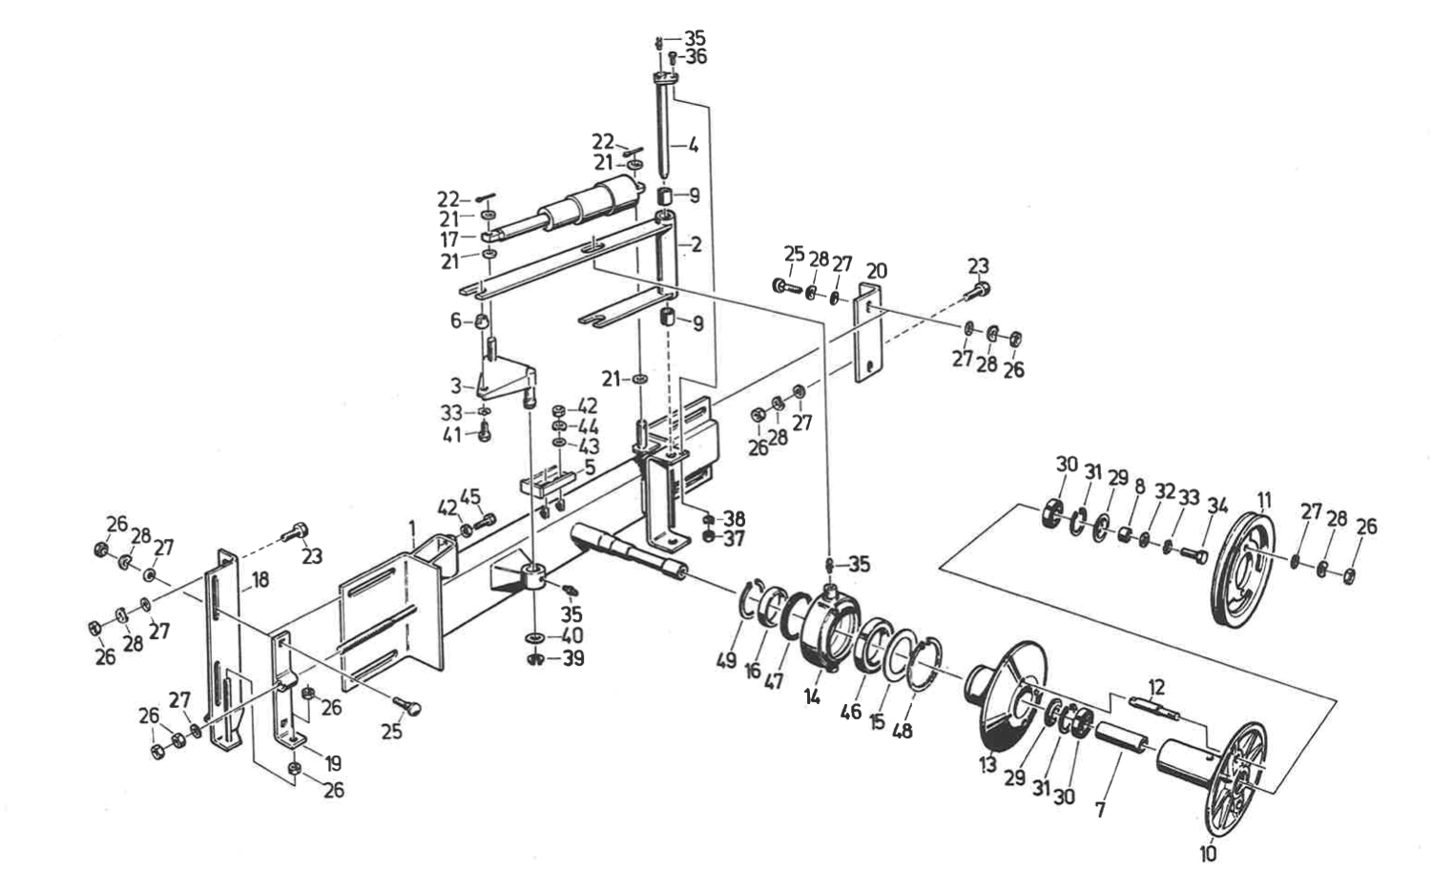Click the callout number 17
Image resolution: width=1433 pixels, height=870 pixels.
(x=449, y=239)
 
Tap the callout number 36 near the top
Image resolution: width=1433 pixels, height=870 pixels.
(x=696, y=57)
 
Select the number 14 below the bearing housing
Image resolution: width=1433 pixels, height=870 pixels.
(x=812, y=696)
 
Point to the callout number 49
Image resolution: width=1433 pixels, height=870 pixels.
(x=726, y=660)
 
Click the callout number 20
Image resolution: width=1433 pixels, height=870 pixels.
(x=877, y=271)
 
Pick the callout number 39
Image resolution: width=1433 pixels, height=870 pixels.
(x=573, y=658)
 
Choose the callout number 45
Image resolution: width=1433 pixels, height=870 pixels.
(x=470, y=497)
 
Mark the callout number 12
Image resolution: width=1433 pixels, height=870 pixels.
(x=1156, y=688)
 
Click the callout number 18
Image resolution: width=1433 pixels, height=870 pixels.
(x=260, y=580)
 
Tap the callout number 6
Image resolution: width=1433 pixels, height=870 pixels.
(x=455, y=320)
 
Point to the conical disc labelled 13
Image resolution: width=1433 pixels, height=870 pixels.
(x=1007, y=694)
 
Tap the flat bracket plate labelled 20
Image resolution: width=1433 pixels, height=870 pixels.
(x=869, y=333)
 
